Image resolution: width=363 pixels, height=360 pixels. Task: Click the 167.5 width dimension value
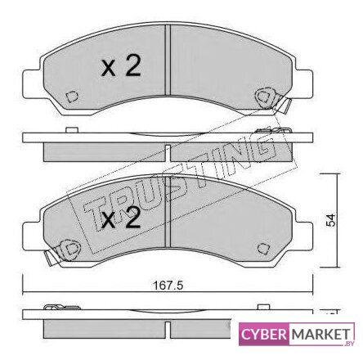[x=168, y=286]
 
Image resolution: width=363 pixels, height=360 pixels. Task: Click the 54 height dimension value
[x=331, y=220]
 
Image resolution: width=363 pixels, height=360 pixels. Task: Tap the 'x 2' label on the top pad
[x=121, y=65]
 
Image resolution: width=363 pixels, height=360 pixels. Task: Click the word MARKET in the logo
[x=320, y=335]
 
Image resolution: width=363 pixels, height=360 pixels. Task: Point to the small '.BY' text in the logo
[x=349, y=344]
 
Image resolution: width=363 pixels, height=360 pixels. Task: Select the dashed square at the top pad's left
[x=72, y=97]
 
